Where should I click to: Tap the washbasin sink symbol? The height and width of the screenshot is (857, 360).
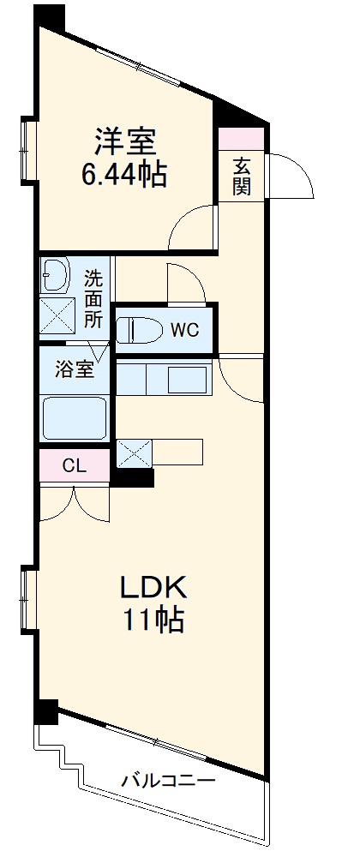pos(55,276)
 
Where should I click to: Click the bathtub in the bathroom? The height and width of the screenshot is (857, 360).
pos(75,417)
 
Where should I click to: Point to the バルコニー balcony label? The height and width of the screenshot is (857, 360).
pos(167,782)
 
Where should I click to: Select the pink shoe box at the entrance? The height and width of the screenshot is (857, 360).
pos(242,137)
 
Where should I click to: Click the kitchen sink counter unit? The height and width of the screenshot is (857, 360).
pos(163,377)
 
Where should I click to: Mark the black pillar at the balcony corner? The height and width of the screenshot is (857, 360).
pos(45,711)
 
